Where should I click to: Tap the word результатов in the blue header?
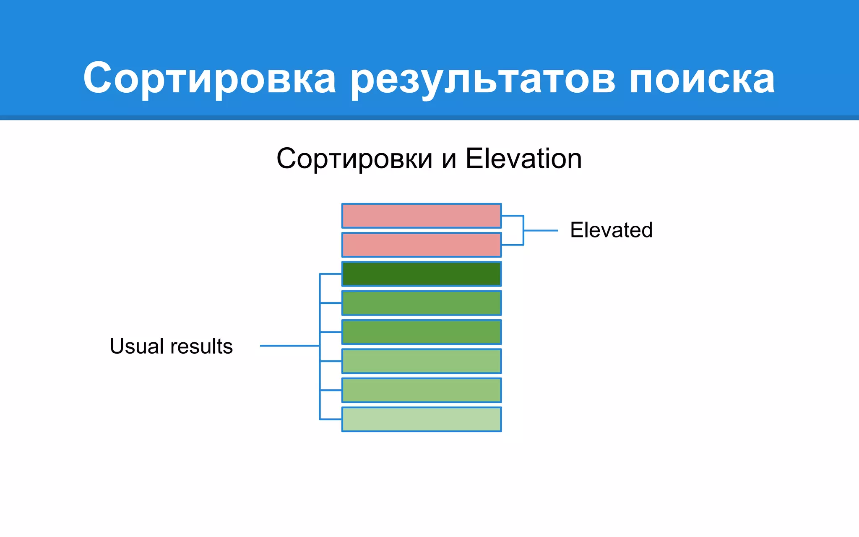coord(482,78)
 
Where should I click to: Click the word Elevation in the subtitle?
coord(523,159)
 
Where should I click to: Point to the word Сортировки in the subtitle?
coord(354,159)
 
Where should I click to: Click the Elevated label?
coord(611,230)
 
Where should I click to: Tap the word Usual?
coord(136,346)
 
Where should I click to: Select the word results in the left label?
coord(201,346)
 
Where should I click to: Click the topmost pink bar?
coord(421,216)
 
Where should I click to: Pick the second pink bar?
coord(421,245)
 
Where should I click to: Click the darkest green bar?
coord(421,274)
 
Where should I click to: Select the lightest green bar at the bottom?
coord(421,419)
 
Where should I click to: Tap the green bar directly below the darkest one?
coord(421,303)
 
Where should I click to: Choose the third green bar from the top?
coord(421,332)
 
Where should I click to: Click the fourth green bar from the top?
coord(421,361)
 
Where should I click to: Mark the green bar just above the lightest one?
coord(421,390)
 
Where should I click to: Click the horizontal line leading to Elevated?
coord(541,230)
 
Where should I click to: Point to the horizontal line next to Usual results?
coord(289,346)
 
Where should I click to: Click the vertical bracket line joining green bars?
coord(320,378)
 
